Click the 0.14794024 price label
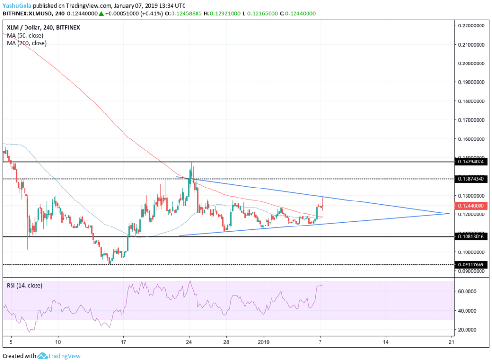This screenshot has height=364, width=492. [473, 162]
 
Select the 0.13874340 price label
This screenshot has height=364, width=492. [473, 179]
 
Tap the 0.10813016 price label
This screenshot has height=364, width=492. [473, 237]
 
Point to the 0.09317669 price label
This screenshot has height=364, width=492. [473, 264]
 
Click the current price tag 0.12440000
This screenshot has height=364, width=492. [473, 206]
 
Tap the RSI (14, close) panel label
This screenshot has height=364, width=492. [25, 285]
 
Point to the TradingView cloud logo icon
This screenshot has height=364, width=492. [42, 356]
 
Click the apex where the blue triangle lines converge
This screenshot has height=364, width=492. [449, 213]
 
